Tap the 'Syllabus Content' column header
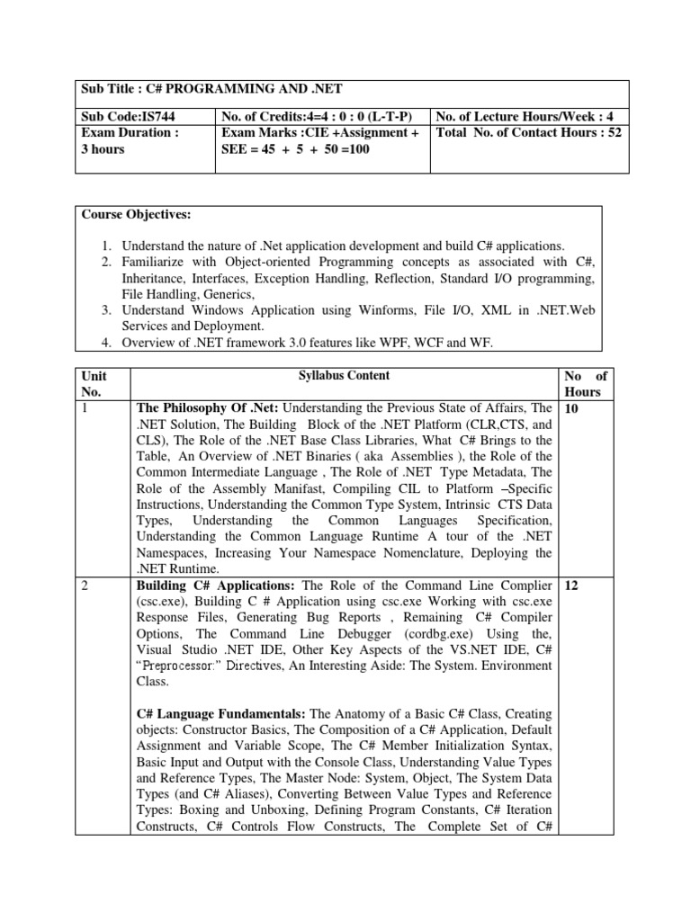[345, 375]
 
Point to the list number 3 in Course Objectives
[105, 310]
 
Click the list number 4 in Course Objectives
[105, 344]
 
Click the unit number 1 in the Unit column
[85, 408]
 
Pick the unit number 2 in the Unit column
[85, 585]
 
